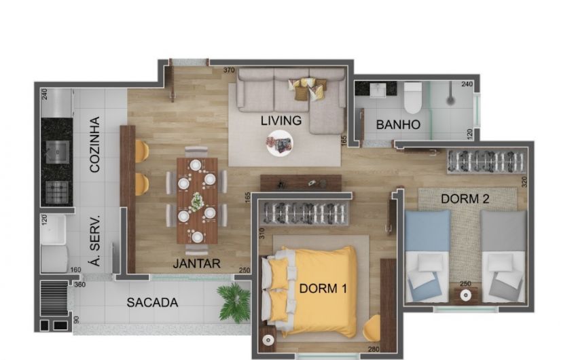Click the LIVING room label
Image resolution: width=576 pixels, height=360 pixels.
pos(281,120)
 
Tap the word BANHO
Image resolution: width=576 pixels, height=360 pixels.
pos(398,125)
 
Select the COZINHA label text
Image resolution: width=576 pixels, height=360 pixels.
pos(95,145)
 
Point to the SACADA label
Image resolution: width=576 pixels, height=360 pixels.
pos(152,302)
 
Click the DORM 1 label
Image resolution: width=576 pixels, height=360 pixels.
pos(323,289)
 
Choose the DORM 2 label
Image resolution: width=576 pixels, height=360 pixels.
pos(465,199)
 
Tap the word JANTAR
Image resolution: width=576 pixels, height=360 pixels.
pos(196,264)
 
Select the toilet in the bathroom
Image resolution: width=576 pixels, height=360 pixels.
pos(413,98)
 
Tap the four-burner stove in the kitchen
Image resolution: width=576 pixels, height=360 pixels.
pos(57,192)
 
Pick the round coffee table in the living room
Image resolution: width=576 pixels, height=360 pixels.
pos(280,143)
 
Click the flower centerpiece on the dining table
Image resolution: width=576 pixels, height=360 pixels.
pos(197,201)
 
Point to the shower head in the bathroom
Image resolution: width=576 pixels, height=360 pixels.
pos(450,99)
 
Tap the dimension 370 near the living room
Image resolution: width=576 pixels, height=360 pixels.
pos(229,70)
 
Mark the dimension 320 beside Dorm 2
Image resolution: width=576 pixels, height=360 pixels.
pos(524,182)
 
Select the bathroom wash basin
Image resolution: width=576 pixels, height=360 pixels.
pos(376,90)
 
